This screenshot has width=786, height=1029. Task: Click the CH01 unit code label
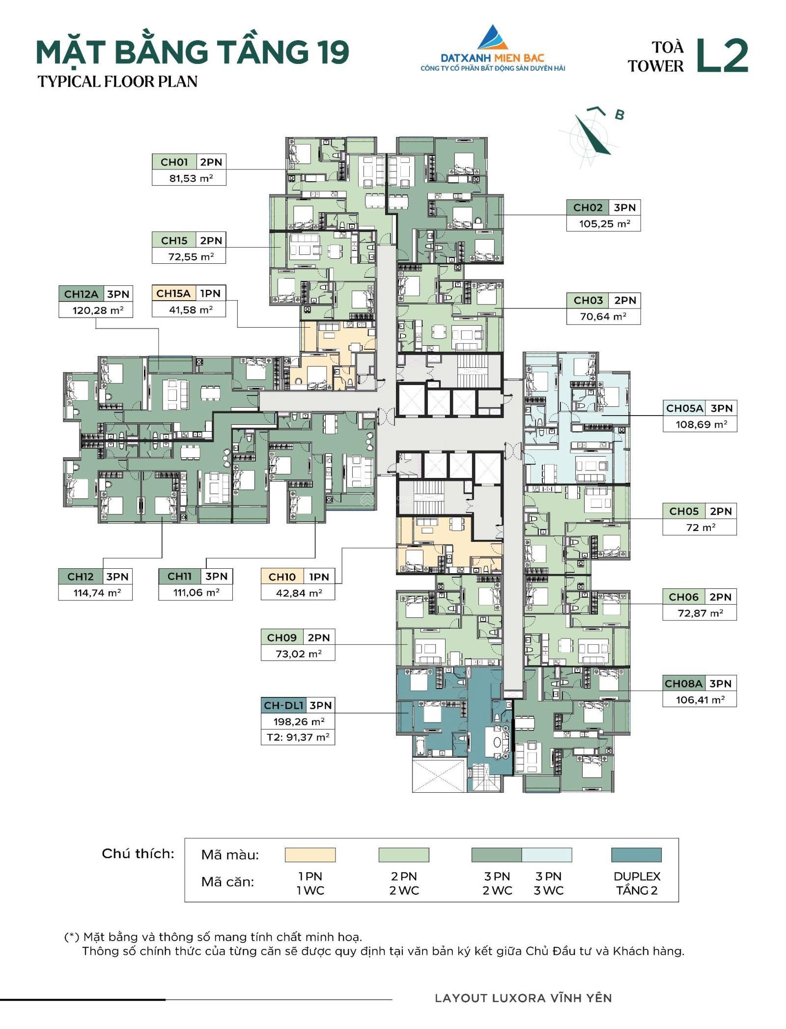tap(174, 162)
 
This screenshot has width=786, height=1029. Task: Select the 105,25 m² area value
tap(604, 224)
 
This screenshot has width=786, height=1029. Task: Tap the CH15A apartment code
tap(173, 294)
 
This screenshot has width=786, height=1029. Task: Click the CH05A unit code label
tap(684, 408)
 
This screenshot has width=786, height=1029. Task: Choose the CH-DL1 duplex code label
tap(284, 706)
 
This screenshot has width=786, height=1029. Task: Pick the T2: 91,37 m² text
tap(298, 737)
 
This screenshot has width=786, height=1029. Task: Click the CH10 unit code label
tap(282, 577)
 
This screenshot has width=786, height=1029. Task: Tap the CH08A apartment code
tap(683, 684)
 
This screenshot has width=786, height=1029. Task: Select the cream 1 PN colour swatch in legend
tap(310, 855)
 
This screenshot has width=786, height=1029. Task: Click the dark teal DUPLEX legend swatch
tap(636, 855)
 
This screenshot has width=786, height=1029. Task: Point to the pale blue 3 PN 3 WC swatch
tap(547, 855)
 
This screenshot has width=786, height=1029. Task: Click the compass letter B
tap(619, 115)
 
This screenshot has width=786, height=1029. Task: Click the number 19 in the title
tap(332, 53)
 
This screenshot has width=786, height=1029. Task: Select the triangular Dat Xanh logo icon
tap(493, 38)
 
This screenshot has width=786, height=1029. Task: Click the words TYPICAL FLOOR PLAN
tap(118, 82)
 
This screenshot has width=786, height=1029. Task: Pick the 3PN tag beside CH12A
tap(118, 294)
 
